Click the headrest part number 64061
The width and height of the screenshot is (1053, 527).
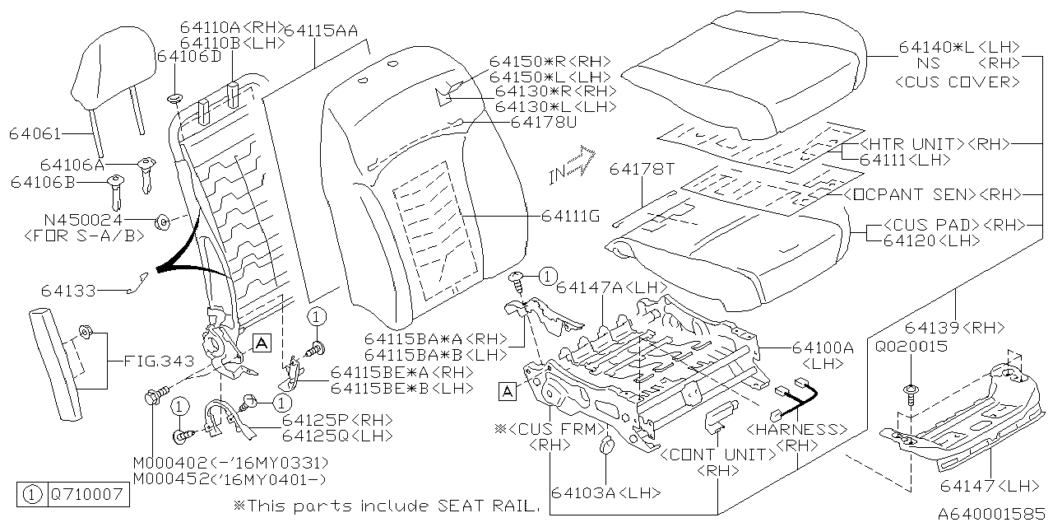(35, 134)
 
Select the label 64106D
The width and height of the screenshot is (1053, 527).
(189, 57)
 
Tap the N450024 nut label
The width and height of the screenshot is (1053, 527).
(83, 220)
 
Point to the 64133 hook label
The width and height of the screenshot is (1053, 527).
(68, 291)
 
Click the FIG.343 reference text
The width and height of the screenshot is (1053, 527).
(159, 361)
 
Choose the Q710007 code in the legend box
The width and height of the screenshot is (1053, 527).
(87, 495)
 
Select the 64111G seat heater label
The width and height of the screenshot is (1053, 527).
(570, 217)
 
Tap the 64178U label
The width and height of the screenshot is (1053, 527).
(544, 123)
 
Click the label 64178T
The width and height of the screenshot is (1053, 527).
(642, 169)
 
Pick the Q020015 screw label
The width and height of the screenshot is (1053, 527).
(911, 347)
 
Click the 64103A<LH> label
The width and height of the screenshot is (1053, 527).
(606, 492)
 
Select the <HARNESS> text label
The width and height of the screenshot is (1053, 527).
(797, 429)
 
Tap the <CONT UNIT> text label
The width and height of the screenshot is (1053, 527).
(719, 455)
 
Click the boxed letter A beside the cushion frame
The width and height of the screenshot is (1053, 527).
(508, 391)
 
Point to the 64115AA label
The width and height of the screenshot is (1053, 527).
(321, 30)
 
